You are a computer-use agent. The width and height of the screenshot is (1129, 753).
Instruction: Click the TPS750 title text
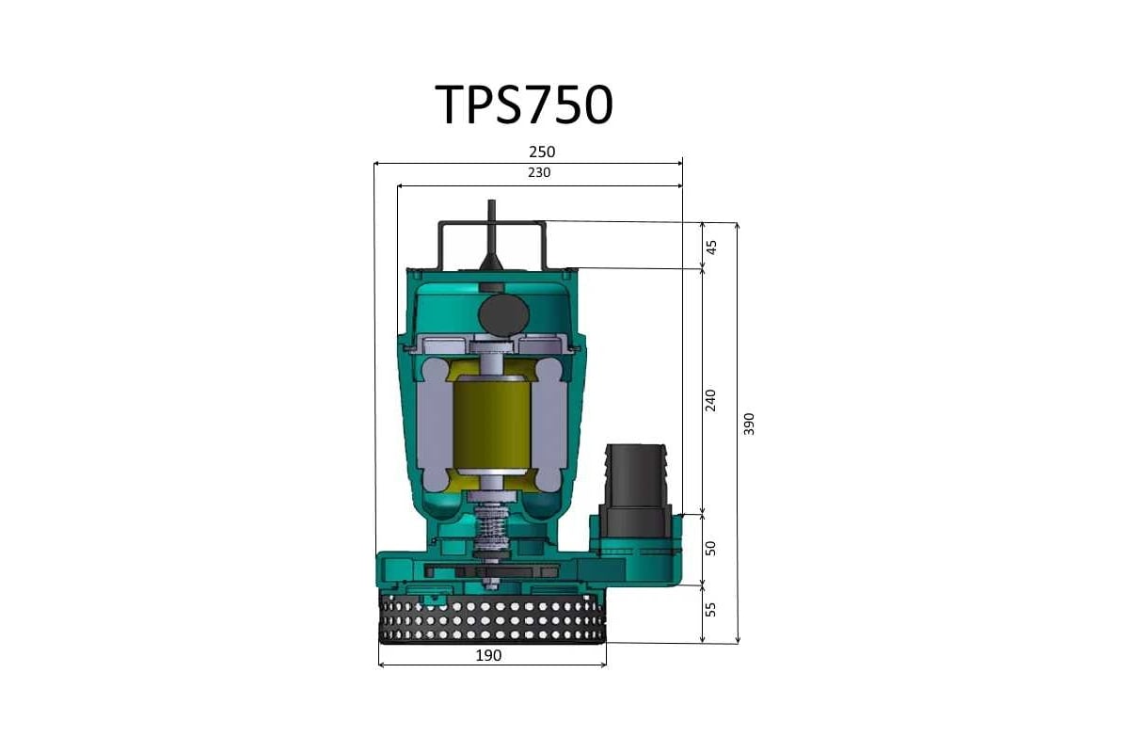click(x=524, y=104)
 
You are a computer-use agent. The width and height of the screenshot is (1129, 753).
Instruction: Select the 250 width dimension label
click(x=542, y=152)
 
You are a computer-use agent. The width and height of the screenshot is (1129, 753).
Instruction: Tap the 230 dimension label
click(x=538, y=173)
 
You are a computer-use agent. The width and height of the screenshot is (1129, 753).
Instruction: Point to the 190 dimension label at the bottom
click(x=488, y=655)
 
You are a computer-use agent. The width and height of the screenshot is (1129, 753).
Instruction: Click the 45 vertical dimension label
click(x=711, y=247)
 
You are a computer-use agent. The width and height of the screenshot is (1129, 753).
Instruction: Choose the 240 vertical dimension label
click(x=711, y=399)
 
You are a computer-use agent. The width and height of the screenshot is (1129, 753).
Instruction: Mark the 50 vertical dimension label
click(x=711, y=548)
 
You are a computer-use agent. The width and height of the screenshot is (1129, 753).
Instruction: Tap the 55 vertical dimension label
click(x=711, y=610)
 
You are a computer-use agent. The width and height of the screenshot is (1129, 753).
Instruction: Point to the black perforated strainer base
click(x=492, y=618)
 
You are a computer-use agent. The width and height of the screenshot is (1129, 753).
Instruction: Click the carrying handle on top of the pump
click(x=491, y=226)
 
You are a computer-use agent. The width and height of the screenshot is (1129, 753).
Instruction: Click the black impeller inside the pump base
click(x=492, y=571)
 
